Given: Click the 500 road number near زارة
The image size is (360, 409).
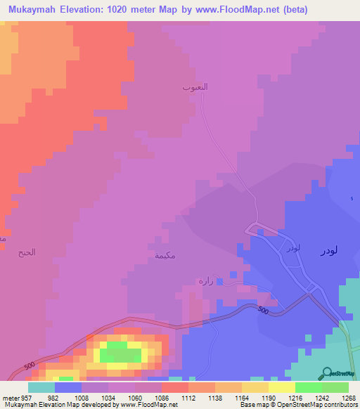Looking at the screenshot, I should tap(263, 311).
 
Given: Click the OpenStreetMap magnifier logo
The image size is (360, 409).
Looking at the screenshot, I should tap(326, 373).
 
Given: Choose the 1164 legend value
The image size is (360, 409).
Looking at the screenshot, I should tap(229, 397).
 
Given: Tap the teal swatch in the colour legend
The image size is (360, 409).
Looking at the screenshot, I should tap(41, 387).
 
